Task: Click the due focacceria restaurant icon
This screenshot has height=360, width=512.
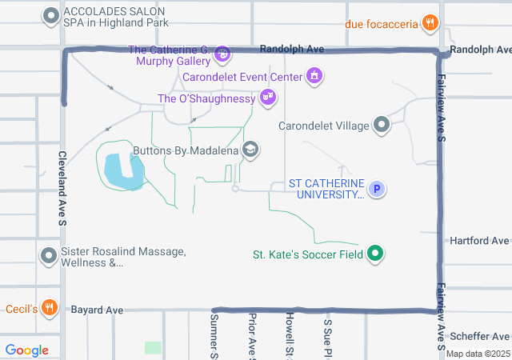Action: tap(430, 23)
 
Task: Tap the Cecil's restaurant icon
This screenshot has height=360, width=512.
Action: tap(50, 308)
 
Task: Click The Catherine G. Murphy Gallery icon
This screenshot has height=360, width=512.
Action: tap(222, 54)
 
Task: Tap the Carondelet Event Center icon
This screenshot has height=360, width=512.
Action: tap(314, 77)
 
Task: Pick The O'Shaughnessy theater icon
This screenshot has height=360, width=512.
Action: tap(268, 98)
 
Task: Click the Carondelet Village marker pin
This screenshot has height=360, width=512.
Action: tap(382, 125)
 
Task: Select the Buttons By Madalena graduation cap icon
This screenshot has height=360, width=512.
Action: tap(250, 150)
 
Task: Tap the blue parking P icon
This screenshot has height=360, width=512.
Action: tap(377, 189)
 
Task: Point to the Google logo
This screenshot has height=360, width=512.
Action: tap(27, 350)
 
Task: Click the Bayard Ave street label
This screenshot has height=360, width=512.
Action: tap(97, 310)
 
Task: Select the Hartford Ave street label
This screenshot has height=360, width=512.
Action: tap(479, 240)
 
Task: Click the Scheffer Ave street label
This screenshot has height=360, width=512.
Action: tap(479, 336)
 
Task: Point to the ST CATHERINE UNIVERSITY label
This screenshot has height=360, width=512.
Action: tap(326, 189)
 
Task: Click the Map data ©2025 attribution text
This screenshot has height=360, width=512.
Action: tap(478, 354)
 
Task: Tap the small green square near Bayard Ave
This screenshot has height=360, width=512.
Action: tap(153, 348)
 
